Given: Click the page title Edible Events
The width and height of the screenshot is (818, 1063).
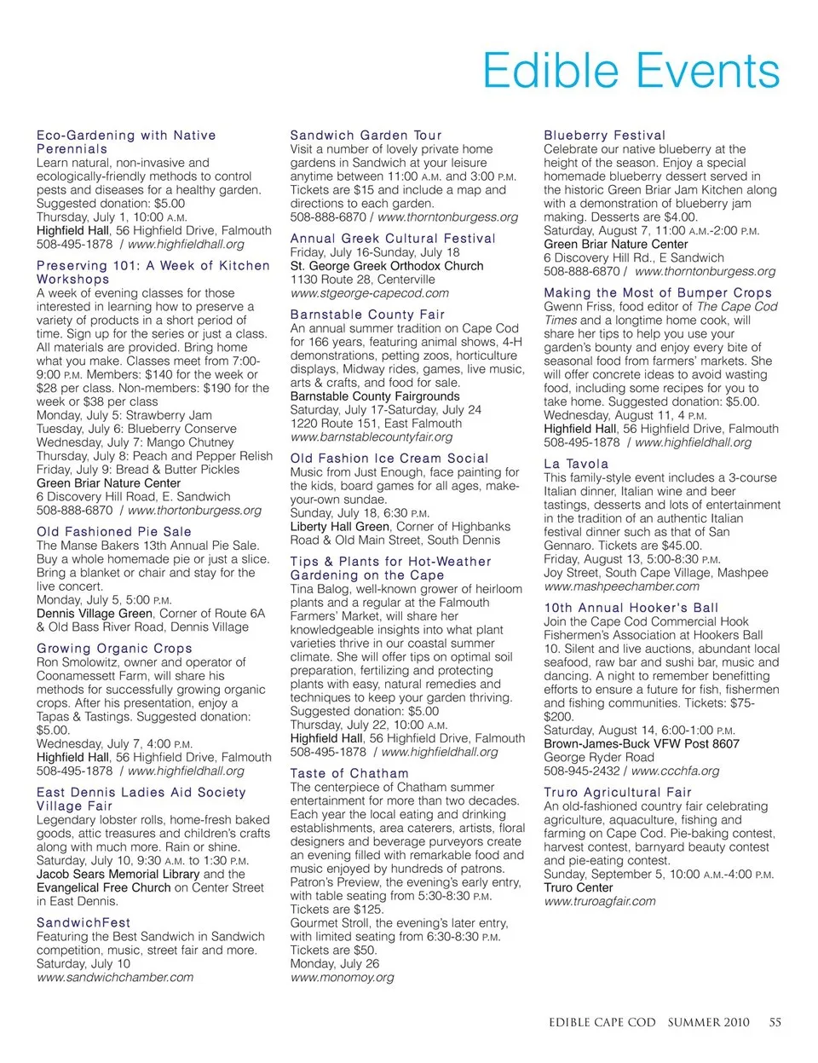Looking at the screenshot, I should pyautogui.click(x=631, y=71).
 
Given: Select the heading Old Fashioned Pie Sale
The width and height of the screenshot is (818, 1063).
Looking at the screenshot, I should pyautogui.click(x=114, y=532).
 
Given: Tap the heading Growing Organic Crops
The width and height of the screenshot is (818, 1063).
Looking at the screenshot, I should pyautogui.click(x=114, y=649).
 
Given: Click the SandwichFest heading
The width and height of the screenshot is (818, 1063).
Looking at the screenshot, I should pyautogui.click(x=84, y=922).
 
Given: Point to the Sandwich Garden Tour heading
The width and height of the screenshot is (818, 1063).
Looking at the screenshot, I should pyautogui.click(x=366, y=136).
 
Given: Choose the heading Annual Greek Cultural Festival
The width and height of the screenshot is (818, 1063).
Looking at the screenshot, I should pyautogui.click(x=392, y=239).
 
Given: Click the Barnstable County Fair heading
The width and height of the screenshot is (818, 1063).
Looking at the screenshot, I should pyautogui.click(x=367, y=315).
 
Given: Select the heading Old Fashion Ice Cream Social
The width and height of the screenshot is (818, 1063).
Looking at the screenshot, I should pyautogui.click(x=389, y=459).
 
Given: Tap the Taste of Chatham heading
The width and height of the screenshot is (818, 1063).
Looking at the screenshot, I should pyautogui.click(x=349, y=774).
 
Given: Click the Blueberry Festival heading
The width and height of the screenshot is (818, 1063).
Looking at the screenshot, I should pyautogui.click(x=604, y=136).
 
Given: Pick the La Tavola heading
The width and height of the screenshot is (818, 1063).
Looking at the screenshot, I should pyautogui.click(x=576, y=465).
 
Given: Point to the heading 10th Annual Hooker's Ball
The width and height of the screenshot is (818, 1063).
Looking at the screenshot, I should pyautogui.click(x=631, y=608).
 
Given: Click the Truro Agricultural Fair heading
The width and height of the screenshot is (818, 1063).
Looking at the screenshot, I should pyautogui.click(x=618, y=793).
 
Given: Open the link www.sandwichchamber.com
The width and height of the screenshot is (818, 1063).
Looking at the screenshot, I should pyautogui.click(x=115, y=978).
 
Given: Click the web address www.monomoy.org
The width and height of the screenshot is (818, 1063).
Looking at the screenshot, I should pyautogui.click(x=342, y=978).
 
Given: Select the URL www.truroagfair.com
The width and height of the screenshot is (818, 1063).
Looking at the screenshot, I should pyautogui.click(x=600, y=902).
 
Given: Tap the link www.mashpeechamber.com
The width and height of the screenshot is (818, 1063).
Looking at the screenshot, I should pyautogui.click(x=621, y=586).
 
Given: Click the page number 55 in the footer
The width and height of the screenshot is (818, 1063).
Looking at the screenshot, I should pyautogui.click(x=775, y=1022).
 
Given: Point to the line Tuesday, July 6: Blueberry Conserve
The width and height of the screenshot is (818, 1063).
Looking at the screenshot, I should pyautogui.click(x=136, y=430).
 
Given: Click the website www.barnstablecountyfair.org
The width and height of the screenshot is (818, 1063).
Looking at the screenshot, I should pyautogui.click(x=372, y=437).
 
